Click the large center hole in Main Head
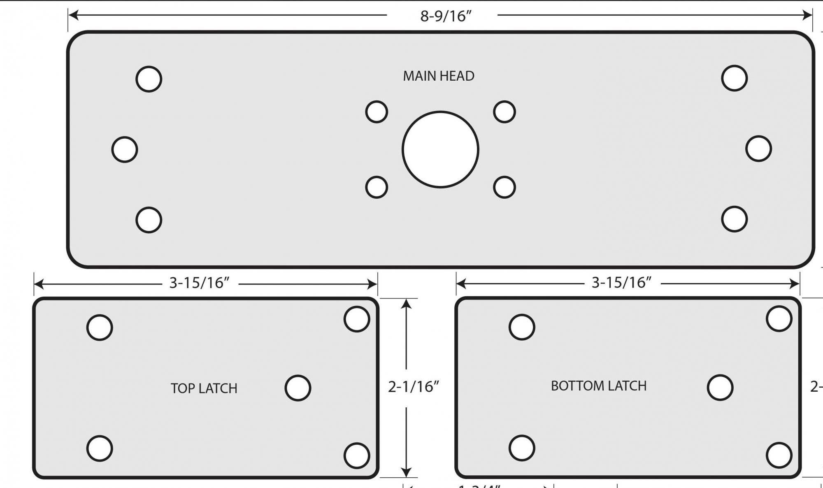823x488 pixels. pyautogui.click(x=440, y=149)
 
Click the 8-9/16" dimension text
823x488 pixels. pyautogui.click(x=446, y=16)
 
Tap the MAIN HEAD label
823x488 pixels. pyautogui.click(x=438, y=76)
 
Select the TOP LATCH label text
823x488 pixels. pyautogui.click(x=204, y=388)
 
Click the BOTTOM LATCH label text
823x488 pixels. pyautogui.click(x=598, y=386)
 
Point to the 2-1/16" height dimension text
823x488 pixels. pyautogui.click(x=413, y=387)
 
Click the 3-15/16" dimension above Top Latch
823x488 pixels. pyautogui.click(x=199, y=283)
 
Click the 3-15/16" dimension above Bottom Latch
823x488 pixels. pyautogui.click(x=621, y=283)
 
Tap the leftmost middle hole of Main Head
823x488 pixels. pyautogui.click(x=125, y=149)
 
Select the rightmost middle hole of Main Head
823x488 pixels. pyautogui.click(x=758, y=149)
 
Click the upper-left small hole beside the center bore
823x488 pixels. pyautogui.click(x=377, y=112)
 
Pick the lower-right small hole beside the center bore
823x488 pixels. pyautogui.click(x=504, y=187)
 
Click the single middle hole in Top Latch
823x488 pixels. pyautogui.click(x=298, y=388)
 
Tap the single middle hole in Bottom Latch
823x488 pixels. pyautogui.click(x=720, y=387)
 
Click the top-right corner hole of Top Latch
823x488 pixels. pyautogui.click(x=356, y=319)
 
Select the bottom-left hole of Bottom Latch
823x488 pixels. pyautogui.click(x=522, y=448)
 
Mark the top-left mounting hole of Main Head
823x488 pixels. pyautogui.click(x=149, y=79)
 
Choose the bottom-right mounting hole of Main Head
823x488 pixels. pyautogui.click(x=734, y=219)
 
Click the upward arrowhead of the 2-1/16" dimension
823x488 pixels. pyautogui.click(x=406, y=304)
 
